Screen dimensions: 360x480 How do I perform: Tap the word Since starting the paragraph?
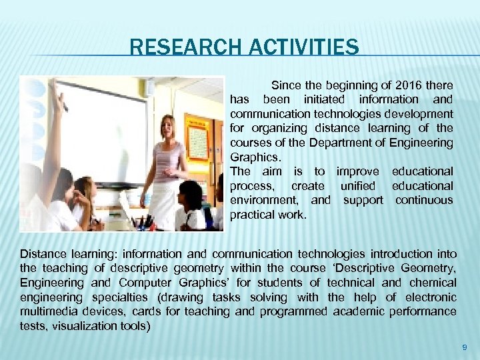tap(286, 85)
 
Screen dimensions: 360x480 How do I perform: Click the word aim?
tap(271, 171)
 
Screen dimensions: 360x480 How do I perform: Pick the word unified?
tap(358, 186)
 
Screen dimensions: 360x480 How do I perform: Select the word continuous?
tap(424, 200)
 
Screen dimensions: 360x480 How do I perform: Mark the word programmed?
tap(289, 312)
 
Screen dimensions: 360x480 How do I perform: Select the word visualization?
tap(80, 326)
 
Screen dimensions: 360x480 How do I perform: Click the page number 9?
tap(465, 347)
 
